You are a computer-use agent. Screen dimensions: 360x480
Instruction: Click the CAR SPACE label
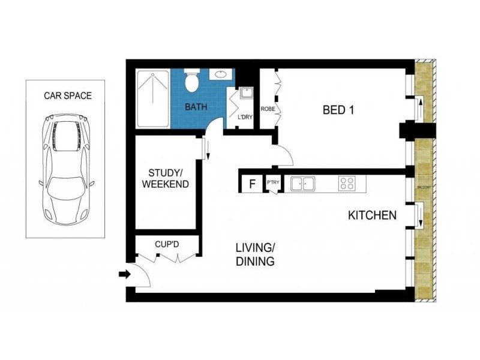[68, 95]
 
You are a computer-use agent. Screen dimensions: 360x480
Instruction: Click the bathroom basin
[220, 76]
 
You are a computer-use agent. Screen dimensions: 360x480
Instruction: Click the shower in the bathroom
[153, 99]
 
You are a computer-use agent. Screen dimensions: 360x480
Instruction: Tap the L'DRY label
[245, 117]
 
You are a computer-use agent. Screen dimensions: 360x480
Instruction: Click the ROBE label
[267, 109]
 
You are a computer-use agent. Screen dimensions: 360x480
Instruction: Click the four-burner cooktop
[347, 183]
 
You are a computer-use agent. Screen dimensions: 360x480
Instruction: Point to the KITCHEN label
[372, 215]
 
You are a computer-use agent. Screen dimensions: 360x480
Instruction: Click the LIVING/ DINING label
[255, 254]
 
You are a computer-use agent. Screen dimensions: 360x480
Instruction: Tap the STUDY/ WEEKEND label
[165, 178]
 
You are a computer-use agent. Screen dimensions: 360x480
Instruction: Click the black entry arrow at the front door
[124, 275]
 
